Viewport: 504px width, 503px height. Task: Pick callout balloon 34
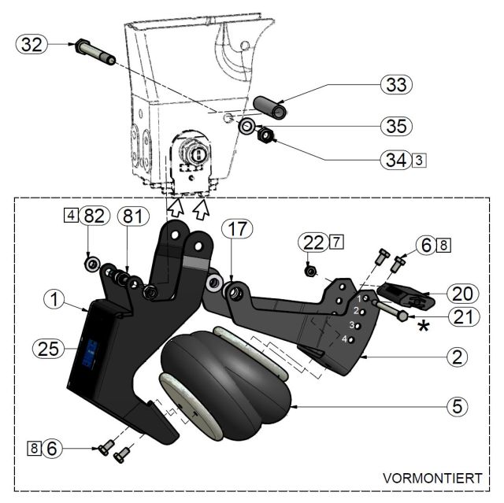point(394,160)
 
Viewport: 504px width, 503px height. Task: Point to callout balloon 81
point(132,215)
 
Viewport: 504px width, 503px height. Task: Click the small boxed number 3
point(420,160)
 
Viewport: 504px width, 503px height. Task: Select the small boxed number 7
point(337,242)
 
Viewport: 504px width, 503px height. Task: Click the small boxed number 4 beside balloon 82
point(71,215)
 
